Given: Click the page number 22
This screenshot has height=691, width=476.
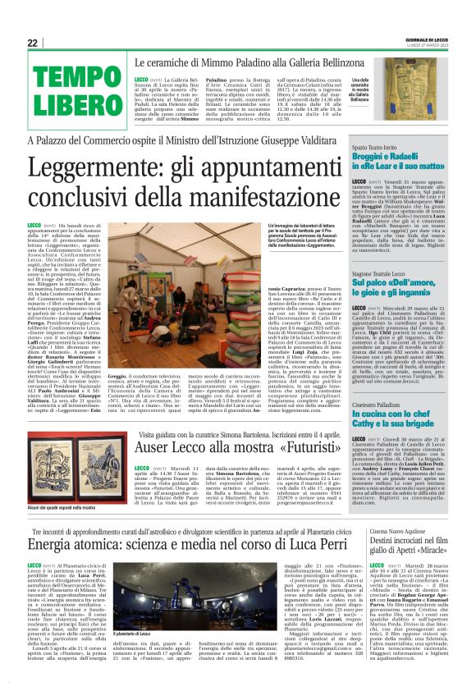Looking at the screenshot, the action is tap(33, 43).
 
